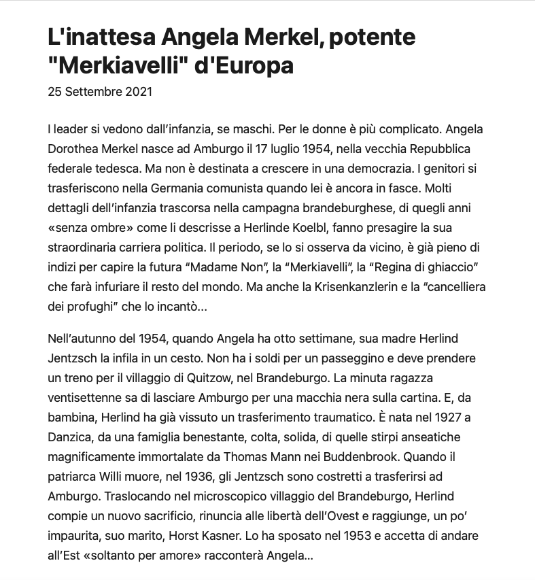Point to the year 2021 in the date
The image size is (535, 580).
coord(139,92)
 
